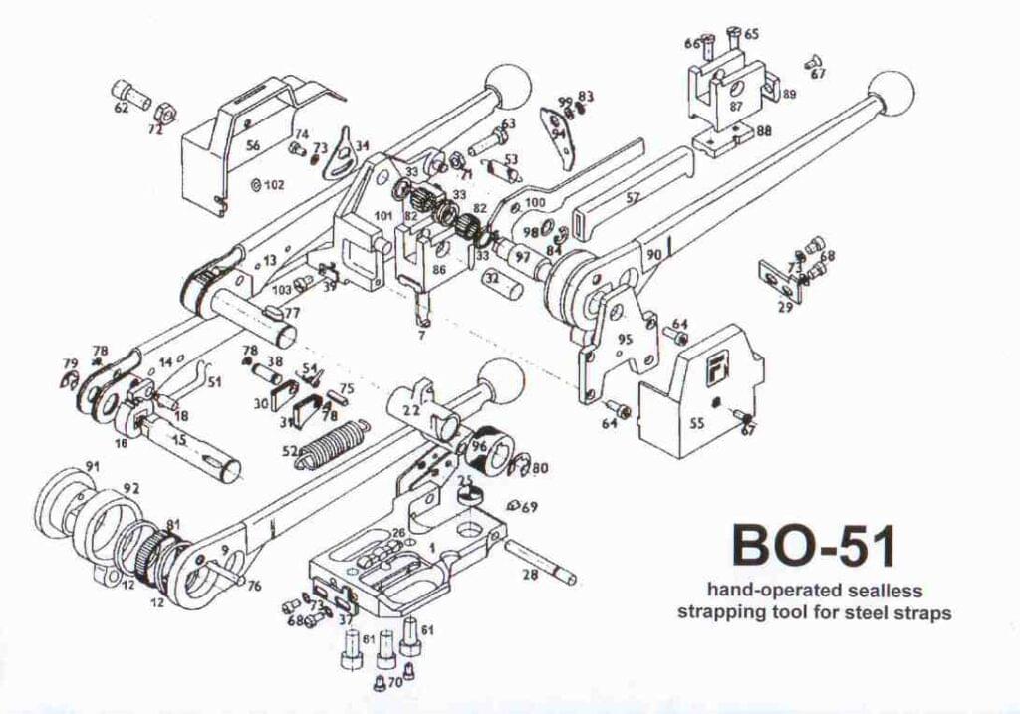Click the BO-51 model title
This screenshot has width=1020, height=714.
814,545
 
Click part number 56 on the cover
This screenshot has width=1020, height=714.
253,145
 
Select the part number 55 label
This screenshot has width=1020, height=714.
696,422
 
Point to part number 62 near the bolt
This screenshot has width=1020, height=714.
121,108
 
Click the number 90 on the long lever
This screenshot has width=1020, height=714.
653,255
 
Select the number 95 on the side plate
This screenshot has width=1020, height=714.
625,339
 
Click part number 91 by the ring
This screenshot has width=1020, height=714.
92,466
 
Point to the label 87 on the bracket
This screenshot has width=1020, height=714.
736,106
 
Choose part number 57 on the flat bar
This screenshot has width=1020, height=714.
633,198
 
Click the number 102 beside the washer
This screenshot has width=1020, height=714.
274,185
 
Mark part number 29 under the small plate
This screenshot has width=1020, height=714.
785,308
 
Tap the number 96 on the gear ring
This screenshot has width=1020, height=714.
480,447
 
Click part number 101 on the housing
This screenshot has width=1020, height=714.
382,214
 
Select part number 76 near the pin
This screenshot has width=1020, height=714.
254,586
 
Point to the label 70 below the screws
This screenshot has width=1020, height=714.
394,683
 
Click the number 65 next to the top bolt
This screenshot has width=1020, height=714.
751,34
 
